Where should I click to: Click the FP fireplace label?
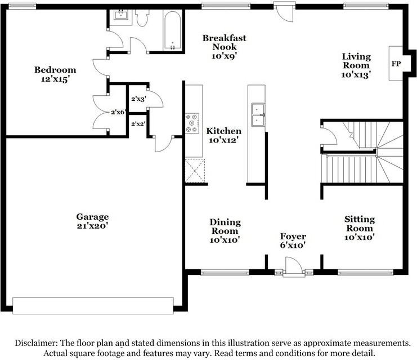click(396, 64)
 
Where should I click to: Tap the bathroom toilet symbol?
click(142, 18)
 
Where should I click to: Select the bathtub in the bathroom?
click(173, 30)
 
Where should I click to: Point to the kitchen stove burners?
click(192, 123)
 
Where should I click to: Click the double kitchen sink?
click(258, 115)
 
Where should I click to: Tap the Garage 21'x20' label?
click(92, 221)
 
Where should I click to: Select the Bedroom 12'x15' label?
click(55, 74)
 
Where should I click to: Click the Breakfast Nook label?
click(225, 47)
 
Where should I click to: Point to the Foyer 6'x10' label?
click(293, 241)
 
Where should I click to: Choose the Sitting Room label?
click(360, 228)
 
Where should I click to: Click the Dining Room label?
click(225, 231)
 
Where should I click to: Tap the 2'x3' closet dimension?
click(138, 99)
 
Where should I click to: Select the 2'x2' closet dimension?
click(138, 123)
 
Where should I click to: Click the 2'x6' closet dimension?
click(118, 112)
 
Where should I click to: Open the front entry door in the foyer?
click(294, 265)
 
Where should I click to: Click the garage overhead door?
click(93, 306)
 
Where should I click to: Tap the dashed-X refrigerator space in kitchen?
click(195, 171)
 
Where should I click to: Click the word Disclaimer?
click(36, 343)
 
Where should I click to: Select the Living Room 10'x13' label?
click(356, 65)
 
